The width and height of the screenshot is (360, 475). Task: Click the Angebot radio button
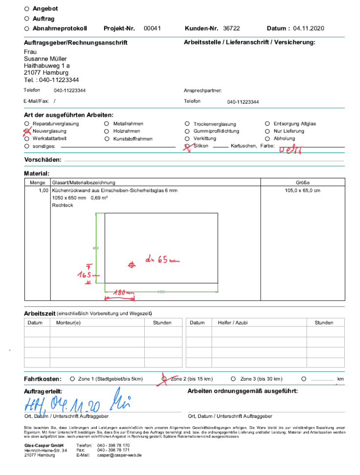(x=26, y=9)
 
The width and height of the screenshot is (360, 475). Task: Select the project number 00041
(x=152, y=29)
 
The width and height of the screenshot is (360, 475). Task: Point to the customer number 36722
(x=231, y=29)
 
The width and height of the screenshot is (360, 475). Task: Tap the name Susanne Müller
(x=45, y=59)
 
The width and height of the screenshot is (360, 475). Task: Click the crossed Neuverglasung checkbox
(x=26, y=131)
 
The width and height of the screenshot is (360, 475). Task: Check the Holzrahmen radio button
(x=107, y=131)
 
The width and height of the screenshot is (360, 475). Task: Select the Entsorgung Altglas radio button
(x=268, y=124)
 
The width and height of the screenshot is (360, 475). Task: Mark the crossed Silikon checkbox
(x=187, y=146)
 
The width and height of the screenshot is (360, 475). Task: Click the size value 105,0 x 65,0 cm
(x=302, y=191)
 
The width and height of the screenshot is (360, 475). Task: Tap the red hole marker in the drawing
(x=131, y=265)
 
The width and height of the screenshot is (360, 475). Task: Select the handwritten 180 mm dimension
(x=123, y=293)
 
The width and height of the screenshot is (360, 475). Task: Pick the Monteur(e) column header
(x=68, y=323)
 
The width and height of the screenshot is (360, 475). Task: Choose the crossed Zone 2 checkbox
(x=164, y=379)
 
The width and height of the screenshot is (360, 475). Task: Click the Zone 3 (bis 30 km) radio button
(x=233, y=379)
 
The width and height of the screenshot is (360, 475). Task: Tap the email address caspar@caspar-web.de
(x=119, y=455)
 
